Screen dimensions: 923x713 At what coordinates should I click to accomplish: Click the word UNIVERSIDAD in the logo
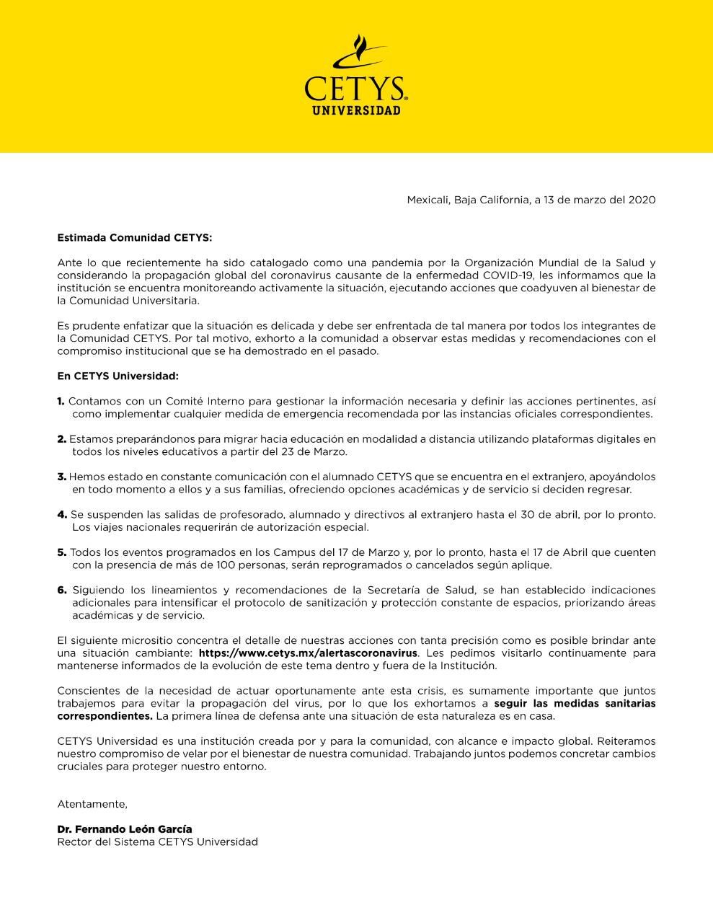(x=356, y=110)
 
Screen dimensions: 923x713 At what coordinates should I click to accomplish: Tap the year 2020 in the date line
(x=642, y=200)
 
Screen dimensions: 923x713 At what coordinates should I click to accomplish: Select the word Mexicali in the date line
(x=428, y=200)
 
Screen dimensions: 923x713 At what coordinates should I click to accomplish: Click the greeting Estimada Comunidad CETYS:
(x=135, y=237)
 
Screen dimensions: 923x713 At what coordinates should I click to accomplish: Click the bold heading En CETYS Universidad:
(x=118, y=376)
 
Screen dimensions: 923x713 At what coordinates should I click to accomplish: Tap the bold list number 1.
(x=61, y=401)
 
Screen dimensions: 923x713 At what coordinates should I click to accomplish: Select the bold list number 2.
(x=61, y=439)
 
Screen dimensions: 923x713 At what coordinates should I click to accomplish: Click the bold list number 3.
(x=61, y=477)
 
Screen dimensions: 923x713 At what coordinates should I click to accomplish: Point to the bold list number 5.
(x=61, y=552)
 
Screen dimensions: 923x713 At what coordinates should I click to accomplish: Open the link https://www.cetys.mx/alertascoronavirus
(x=308, y=653)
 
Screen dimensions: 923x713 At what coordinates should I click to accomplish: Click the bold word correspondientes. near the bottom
(x=105, y=716)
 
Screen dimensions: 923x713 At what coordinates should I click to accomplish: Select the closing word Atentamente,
(x=92, y=804)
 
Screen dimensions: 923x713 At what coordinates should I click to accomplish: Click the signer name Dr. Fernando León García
(x=125, y=829)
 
